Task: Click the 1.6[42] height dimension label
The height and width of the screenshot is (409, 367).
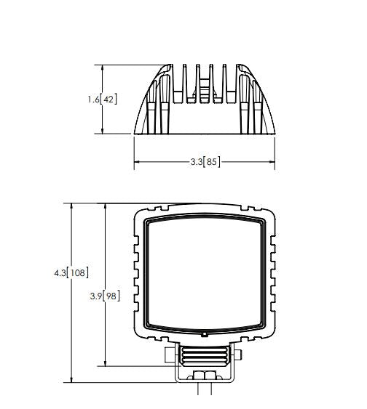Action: [x=103, y=100]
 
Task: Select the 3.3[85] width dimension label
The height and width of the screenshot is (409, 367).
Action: [x=205, y=162]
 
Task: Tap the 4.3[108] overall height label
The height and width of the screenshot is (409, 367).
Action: [x=71, y=273]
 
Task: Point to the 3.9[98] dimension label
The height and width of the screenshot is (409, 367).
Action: [x=105, y=296]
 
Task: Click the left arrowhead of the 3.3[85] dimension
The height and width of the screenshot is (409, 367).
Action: [x=137, y=162]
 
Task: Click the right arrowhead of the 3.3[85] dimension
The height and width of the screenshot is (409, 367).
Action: [x=272, y=162]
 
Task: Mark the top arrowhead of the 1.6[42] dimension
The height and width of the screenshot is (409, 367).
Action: [x=103, y=68]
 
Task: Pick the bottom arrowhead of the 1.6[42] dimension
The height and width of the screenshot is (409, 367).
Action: [x=103, y=131]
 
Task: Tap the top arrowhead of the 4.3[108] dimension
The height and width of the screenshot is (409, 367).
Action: [x=71, y=206]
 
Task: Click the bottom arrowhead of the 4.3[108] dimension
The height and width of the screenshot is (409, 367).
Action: [x=71, y=379]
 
